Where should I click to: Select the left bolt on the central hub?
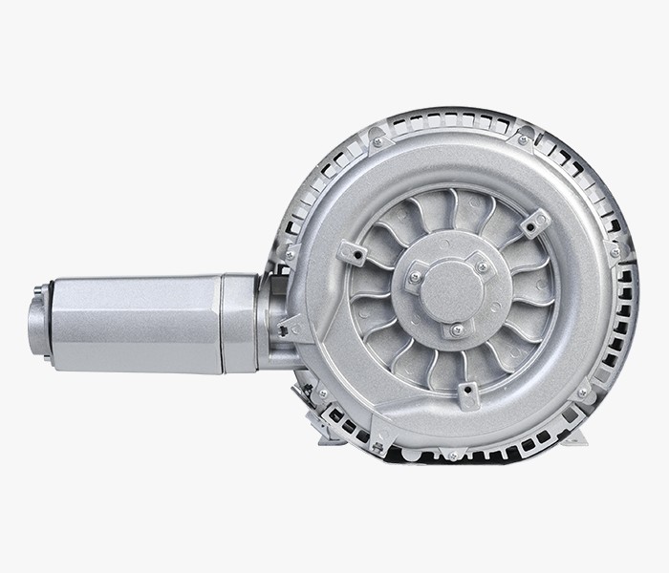click(415, 278)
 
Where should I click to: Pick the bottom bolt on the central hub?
click(457, 329)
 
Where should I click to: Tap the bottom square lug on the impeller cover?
click(468, 393)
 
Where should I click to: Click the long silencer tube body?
click(134, 321)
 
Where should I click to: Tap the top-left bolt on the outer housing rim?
click(378, 142)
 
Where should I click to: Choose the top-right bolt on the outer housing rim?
click(523, 140)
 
